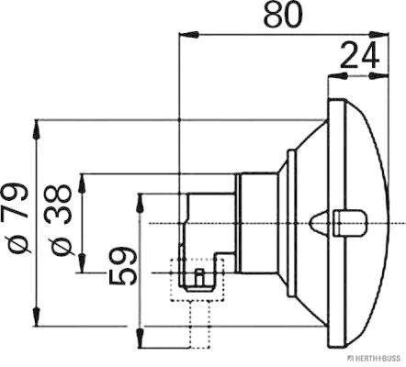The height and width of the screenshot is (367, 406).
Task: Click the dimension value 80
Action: [279, 16]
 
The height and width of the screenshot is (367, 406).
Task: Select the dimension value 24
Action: [362, 57]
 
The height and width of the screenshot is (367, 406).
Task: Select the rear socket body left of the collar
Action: [209, 225]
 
